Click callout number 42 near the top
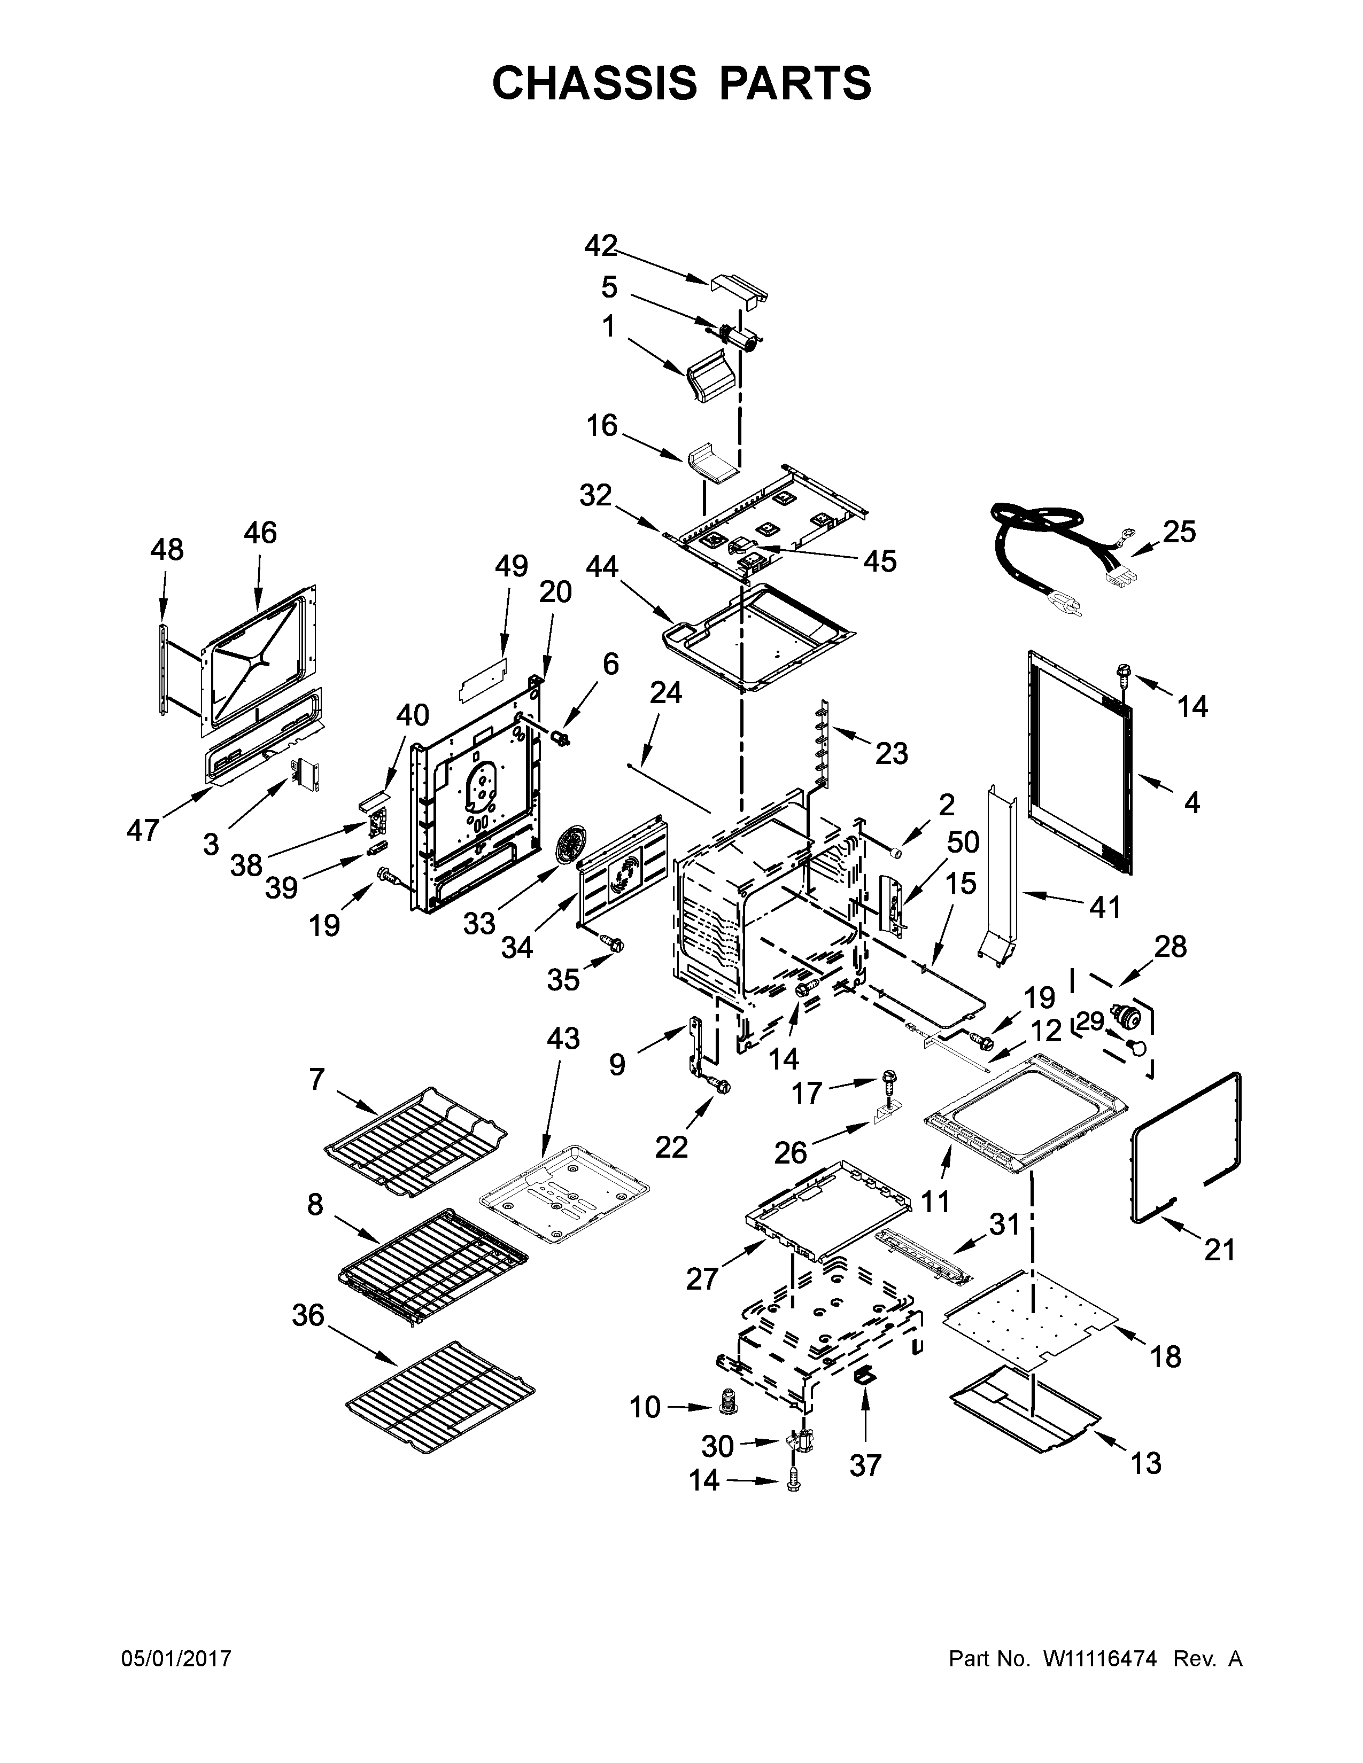coord(601,245)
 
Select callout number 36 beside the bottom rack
coord(308,1316)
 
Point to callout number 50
coord(963,843)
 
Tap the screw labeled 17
coord(890,1079)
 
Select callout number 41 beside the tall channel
coord(1105,907)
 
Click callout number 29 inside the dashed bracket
coord(1090,1022)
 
